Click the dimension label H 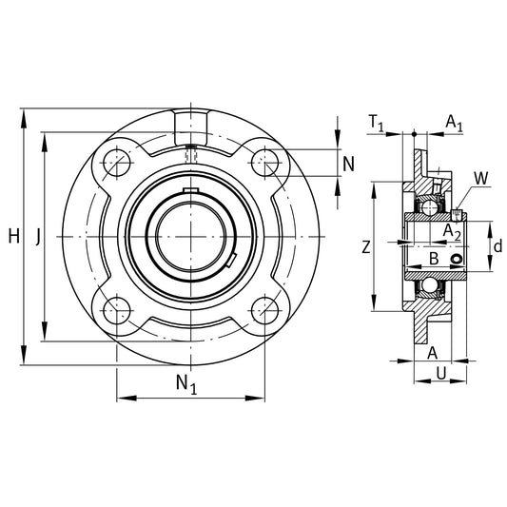point(14,235)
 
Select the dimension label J point(38,236)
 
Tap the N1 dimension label point(186,384)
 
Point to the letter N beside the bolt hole point(348,164)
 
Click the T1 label point(377,123)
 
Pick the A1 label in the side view point(455,123)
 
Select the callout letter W point(481,178)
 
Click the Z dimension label point(365,247)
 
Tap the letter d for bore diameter point(497,246)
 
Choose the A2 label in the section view point(452,232)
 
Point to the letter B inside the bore point(434,259)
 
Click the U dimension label point(441,373)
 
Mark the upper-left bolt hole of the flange point(117,163)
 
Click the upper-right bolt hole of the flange point(264,163)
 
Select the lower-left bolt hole point(117,310)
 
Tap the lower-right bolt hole point(264,310)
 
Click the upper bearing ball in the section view point(429,207)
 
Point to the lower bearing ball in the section point(429,285)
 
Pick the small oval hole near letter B point(457,259)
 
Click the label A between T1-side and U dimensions point(432,353)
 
